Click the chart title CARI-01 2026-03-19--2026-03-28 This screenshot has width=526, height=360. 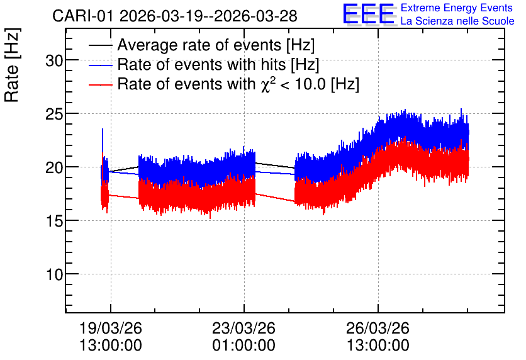(175, 16)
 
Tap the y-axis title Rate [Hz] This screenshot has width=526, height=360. (12, 65)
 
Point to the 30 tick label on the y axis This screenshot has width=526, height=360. (54, 60)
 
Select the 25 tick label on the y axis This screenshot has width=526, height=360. (54, 114)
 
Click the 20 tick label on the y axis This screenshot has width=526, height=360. (54, 167)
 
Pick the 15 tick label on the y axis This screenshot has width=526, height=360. (54, 221)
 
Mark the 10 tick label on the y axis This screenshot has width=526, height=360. (54, 274)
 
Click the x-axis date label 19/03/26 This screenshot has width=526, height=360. (111, 328)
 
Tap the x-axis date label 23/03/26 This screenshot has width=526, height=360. (244, 328)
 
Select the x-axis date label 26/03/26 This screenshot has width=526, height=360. (378, 328)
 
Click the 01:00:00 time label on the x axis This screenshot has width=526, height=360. (244, 346)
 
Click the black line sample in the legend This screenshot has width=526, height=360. (100, 45)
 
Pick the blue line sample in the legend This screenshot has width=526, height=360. (100, 65)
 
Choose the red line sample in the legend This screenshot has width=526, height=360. (100, 84)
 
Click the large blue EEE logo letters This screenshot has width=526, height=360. (369, 14)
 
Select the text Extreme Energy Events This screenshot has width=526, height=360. (457, 8)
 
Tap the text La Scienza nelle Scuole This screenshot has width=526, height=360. (457, 21)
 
